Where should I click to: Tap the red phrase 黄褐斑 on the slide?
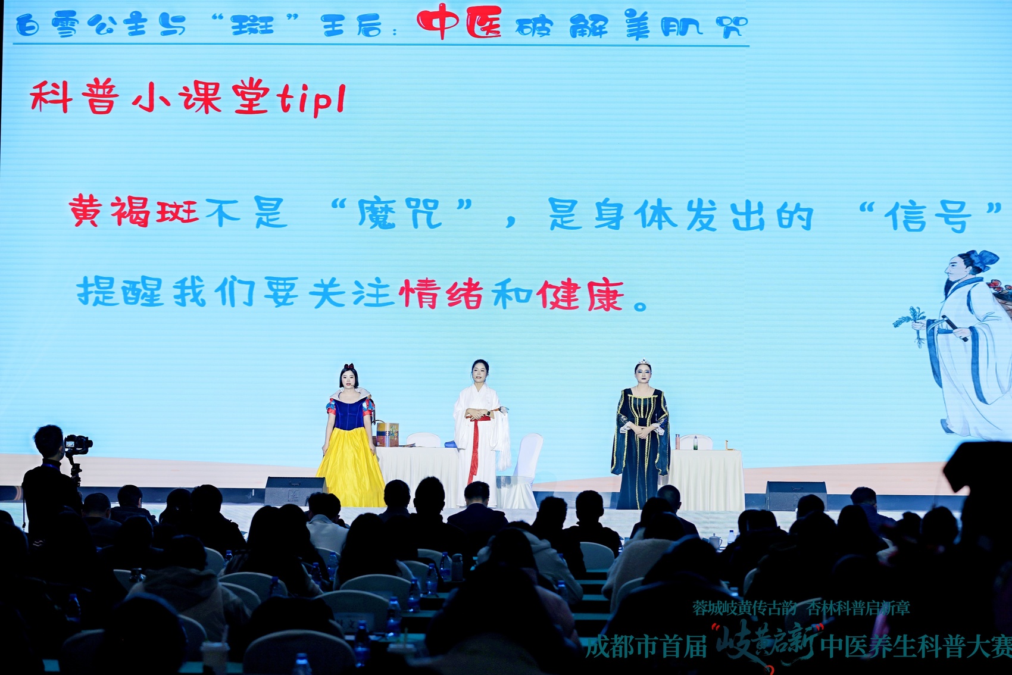(x=134, y=211)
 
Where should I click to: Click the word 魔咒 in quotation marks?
(x=399, y=213)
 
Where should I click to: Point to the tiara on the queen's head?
(x=643, y=362)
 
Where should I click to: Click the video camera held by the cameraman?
(x=78, y=444)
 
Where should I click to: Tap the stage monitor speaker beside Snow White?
(x=295, y=491)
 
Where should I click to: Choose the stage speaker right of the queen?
(x=796, y=495)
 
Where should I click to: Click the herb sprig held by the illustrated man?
(x=909, y=323)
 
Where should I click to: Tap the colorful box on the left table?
(x=388, y=434)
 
